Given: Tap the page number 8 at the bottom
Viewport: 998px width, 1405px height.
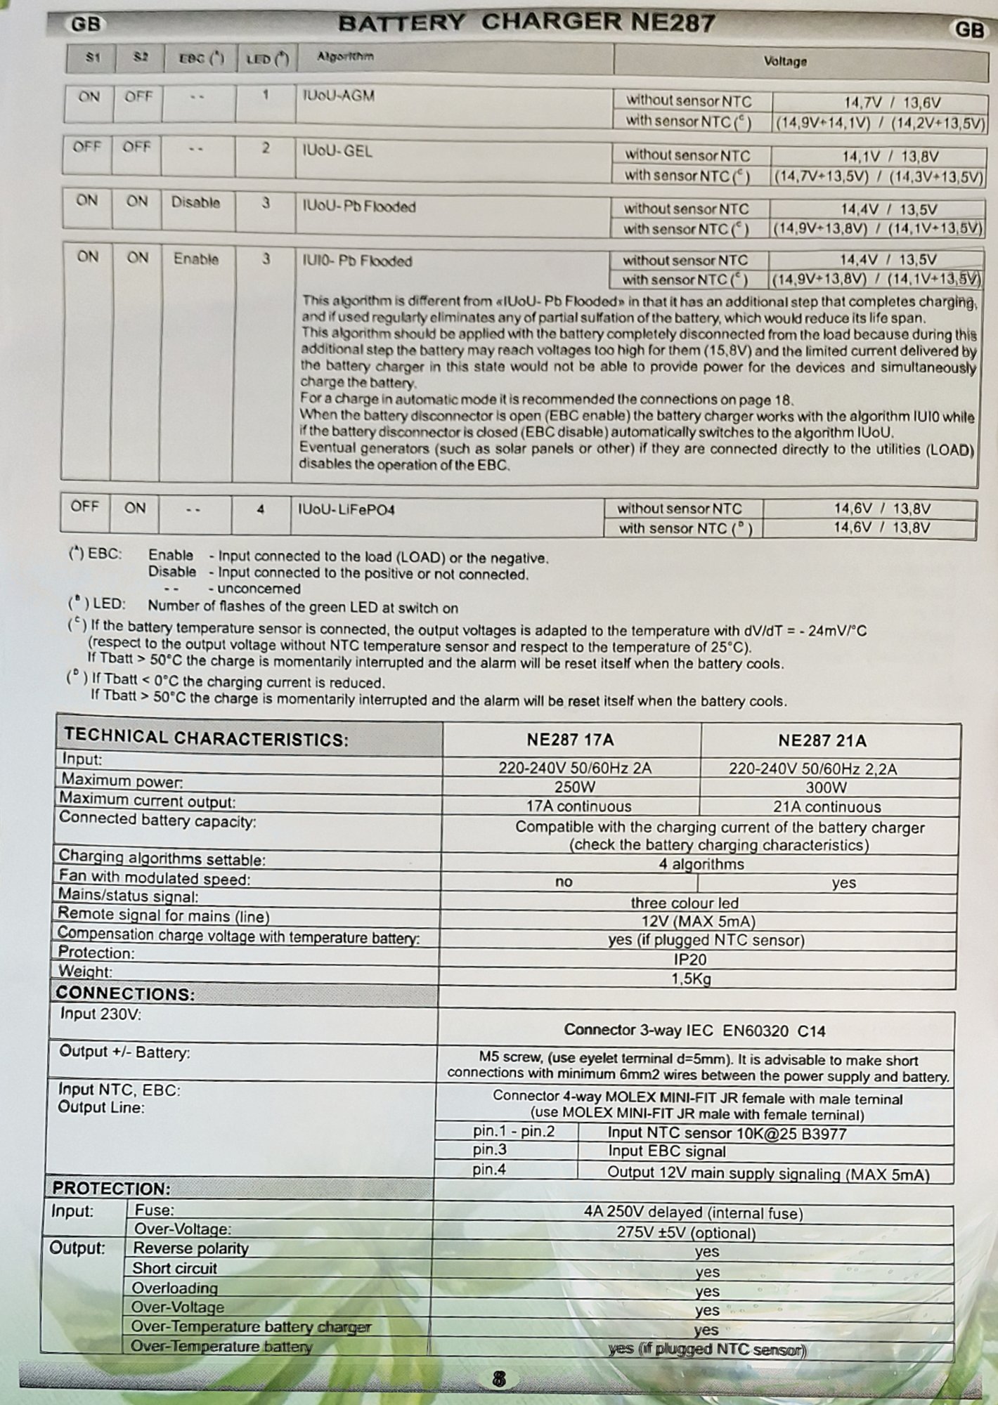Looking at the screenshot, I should tap(499, 1379).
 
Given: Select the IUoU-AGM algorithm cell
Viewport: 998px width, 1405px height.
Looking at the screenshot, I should tap(338, 96).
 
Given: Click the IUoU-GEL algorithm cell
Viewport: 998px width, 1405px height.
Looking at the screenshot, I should tap(337, 151).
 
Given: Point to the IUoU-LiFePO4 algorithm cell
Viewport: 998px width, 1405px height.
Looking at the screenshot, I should tap(346, 509).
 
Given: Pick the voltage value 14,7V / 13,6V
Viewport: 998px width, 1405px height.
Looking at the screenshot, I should tap(892, 103).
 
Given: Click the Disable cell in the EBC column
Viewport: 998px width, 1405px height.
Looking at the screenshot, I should tap(195, 202).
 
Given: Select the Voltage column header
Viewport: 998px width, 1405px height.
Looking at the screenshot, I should tap(785, 61).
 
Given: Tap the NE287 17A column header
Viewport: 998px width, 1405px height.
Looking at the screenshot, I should tap(570, 740).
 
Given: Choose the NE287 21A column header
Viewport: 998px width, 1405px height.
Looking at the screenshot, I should tap(822, 740).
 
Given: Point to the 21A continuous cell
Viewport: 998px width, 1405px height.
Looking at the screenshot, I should tap(827, 806).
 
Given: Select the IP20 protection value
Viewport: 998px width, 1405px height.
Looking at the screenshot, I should tap(690, 960).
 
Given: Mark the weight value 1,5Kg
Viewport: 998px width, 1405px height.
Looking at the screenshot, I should tap(692, 979).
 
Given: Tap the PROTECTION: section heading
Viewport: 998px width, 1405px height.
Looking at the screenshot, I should tap(111, 1189).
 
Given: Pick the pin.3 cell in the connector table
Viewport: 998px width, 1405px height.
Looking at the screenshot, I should tap(490, 1150).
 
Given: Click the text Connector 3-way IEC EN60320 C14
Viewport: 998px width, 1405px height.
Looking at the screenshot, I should tap(694, 1031).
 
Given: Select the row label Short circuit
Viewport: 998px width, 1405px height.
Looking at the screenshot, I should tap(174, 1268).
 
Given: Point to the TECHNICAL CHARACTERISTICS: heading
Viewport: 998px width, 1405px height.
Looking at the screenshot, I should tap(206, 738).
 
